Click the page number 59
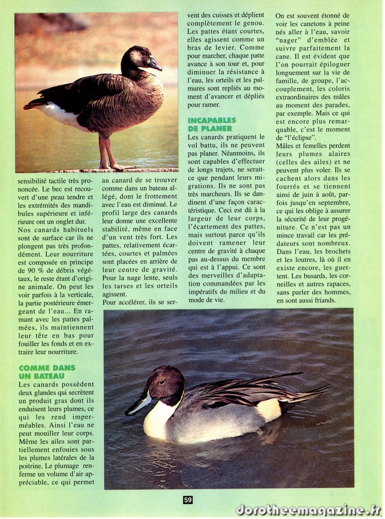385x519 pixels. click(x=188, y=500)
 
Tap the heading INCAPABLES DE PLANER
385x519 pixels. click(x=211, y=125)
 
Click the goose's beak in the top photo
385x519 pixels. click(x=155, y=65)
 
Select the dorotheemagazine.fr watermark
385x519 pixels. click(x=309, y=510)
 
